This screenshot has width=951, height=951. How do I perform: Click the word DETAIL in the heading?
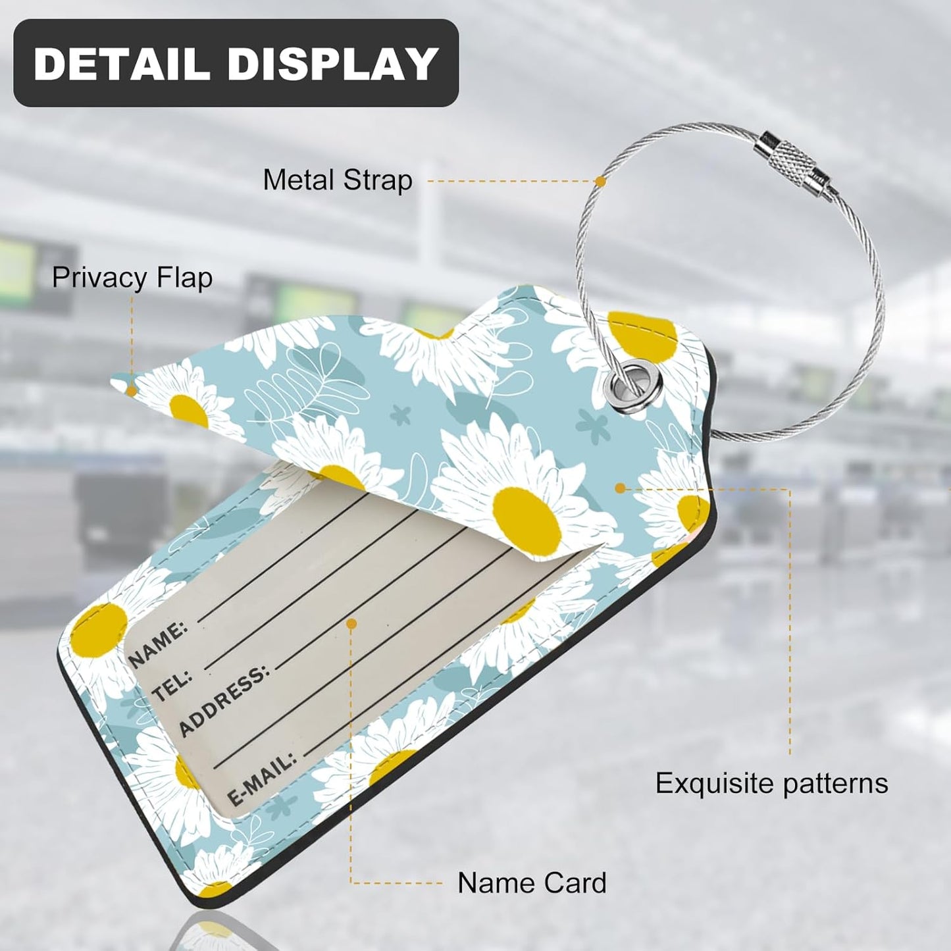click(x=121, y=64)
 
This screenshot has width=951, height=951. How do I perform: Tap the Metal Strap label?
click(x=338, y=180)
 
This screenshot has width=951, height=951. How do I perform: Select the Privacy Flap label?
click(x=132, y=278)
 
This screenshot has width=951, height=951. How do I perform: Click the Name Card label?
click(x=532, y=883)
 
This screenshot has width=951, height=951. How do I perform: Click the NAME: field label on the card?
click(x=158, y=644)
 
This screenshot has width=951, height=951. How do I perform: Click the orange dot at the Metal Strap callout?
click(x=600, y=181)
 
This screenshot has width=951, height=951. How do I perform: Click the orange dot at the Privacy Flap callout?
click(x=131, y=392)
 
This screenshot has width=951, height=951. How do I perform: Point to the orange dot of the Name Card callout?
click(x=351, y=625)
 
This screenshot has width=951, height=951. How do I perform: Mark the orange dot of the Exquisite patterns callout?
click(x=620, y=488)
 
